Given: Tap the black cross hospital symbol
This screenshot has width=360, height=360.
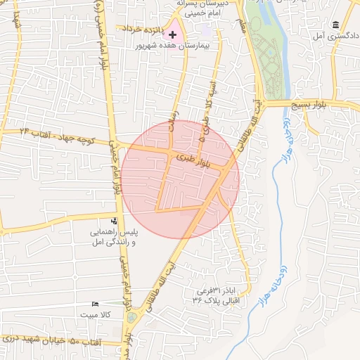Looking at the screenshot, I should coord(173,34).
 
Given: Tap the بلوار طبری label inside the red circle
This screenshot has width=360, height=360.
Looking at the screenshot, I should coord(194,162).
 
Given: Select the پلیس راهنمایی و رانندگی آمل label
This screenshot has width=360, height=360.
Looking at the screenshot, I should coord(113,236).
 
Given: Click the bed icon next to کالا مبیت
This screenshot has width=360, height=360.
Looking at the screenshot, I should coord(96,304).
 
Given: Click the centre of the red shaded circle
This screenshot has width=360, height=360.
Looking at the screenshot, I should coord(181,179).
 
